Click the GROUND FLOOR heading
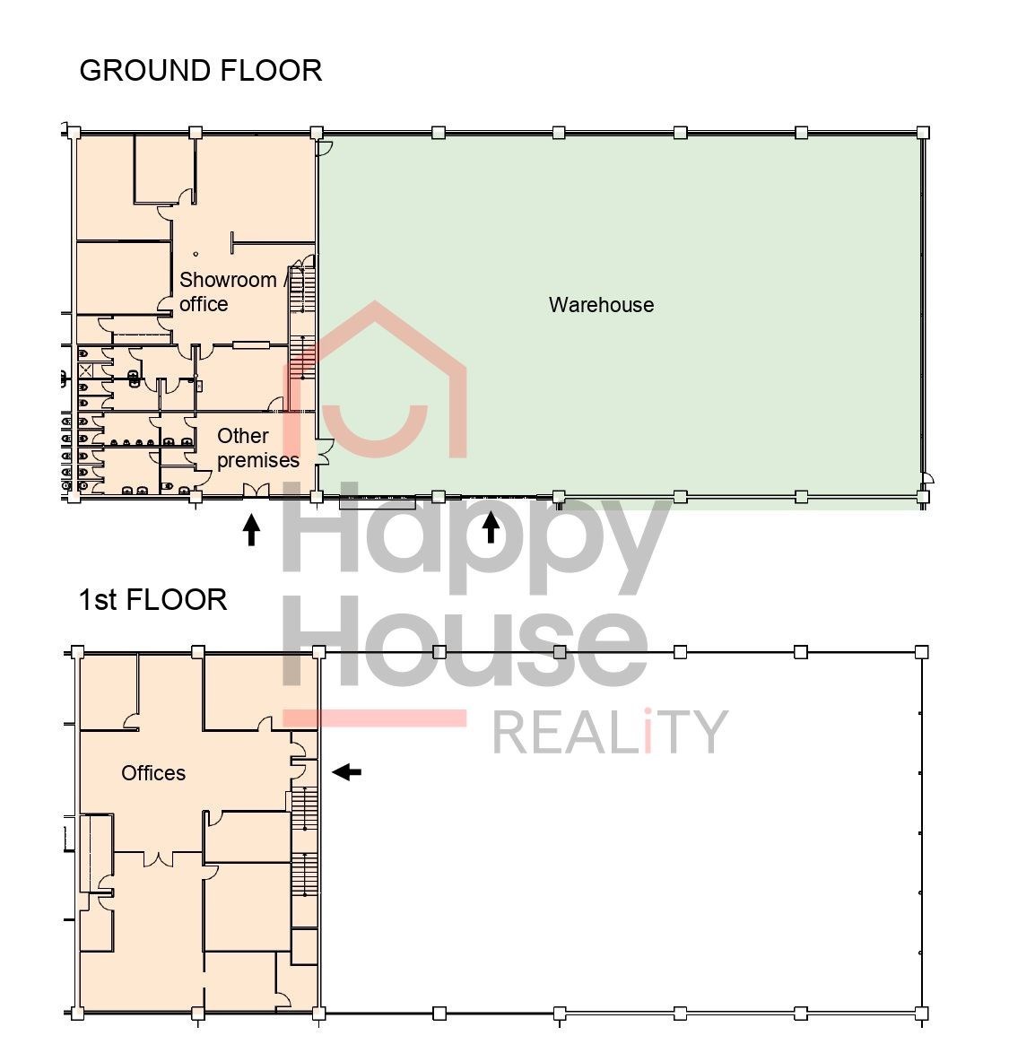click(x=201, y=71)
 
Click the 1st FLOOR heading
click(x=153, y=600)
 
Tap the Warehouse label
click(x=602, y=305)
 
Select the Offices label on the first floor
click(x=153, y=773)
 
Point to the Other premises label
click(x=258, y=448)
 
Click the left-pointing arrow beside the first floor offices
click(x=347, y=772)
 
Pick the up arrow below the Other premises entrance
click(x=251, y=530)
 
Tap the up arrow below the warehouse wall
click(x=491, y=527)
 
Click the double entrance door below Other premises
click(x=256, y=491)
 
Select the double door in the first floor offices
click(x=159, y=859)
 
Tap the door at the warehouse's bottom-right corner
click(x=927, y=477)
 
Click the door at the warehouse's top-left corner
click(x=325, y=148)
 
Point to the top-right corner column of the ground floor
click(x=923, y=132)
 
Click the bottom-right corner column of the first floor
click(x=922, y=1013)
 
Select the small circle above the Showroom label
click(x=196, y=255)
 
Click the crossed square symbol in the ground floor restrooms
click(x=86, y=370)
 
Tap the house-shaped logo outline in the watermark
click(x=375, y=379)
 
